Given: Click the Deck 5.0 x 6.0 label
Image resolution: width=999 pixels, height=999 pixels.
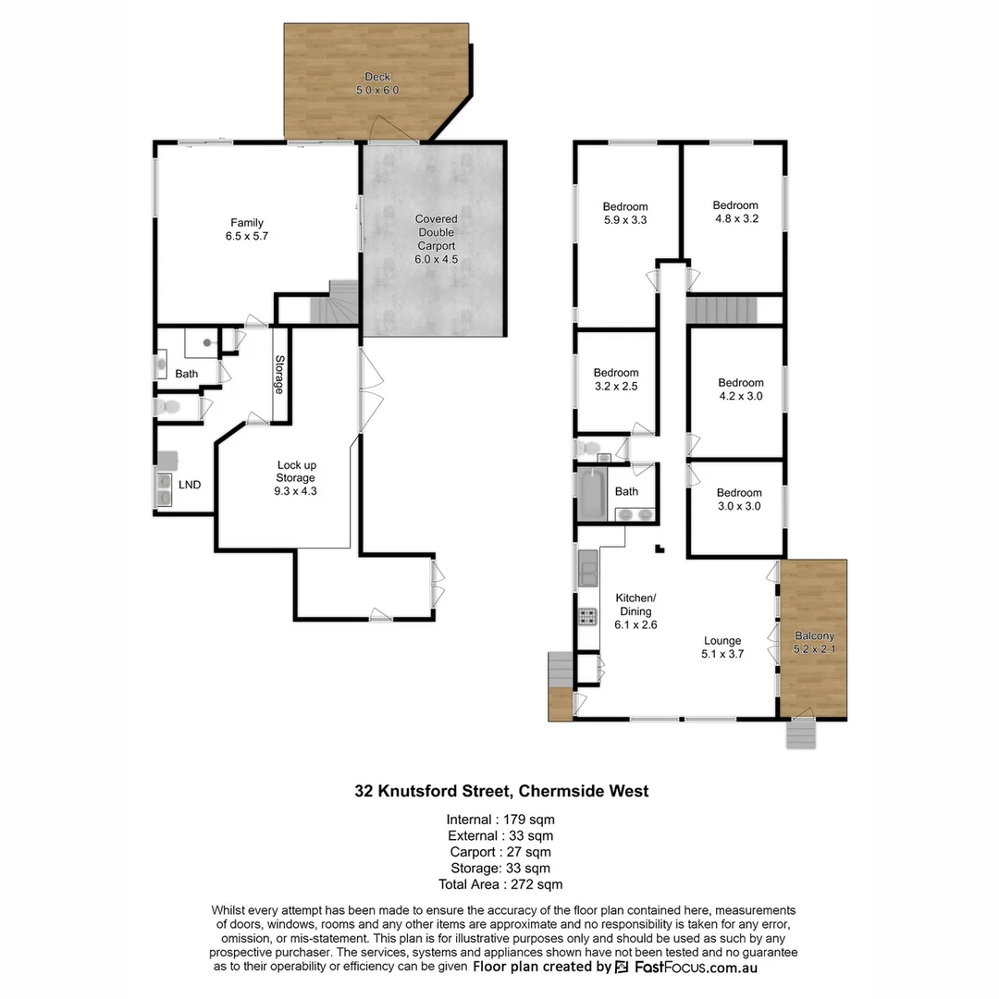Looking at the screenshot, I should (376, 83).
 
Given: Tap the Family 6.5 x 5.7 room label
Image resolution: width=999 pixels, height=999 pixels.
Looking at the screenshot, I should (247, 229).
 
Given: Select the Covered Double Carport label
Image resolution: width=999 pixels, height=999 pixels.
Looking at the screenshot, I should (436, 240).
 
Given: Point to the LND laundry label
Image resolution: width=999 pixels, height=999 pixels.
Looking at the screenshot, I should (190, 484).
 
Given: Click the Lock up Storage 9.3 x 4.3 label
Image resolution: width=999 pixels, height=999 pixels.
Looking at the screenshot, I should (296, 477).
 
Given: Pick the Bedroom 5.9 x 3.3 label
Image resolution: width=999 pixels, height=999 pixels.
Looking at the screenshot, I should (625, 214).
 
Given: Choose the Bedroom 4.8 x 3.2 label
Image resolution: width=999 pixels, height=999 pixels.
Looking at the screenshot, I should (734, 212).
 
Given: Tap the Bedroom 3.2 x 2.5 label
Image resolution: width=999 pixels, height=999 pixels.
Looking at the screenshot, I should (615, 380).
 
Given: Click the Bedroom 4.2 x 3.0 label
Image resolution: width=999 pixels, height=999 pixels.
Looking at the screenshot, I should (741, 389).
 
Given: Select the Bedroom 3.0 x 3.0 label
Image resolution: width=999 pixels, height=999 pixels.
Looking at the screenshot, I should (739, 499).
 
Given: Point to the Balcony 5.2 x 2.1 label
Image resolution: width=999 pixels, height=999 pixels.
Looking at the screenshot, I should (814, 642).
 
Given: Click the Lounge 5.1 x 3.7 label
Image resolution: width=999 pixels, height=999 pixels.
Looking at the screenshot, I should (722, 647).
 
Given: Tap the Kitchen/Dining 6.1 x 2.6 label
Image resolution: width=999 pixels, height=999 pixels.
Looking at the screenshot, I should (635, 610).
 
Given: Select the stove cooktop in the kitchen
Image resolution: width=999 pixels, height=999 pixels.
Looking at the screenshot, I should (586, 615).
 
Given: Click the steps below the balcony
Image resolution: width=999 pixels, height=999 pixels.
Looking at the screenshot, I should (801, 734).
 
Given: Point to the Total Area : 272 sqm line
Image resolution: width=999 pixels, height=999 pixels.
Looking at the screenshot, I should (500, 884).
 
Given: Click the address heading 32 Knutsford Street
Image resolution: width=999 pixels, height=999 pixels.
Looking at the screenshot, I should (502, 791).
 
